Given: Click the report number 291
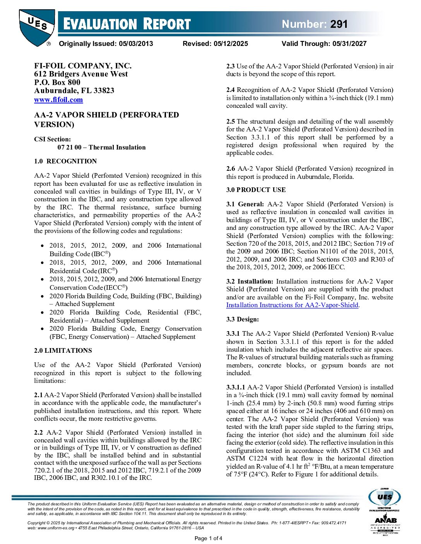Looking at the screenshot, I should (x=339, y=24).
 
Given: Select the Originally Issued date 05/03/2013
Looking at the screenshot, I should (x=136, y=44).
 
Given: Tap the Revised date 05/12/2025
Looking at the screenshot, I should (x=231, y=44).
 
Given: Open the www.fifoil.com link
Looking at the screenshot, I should (x=58, y=100).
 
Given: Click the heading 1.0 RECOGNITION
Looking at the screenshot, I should (x=65, y=161).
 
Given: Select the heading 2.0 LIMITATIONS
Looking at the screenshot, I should (x=63, y=350).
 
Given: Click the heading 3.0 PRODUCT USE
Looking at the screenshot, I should (x=256, y=190).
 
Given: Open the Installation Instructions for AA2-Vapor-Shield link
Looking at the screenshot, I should (x=292, y=305).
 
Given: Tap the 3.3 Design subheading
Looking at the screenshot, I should (x=243, y=319).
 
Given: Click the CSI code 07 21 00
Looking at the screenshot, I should (x=69, y=147).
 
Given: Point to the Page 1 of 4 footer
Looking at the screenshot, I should (x=208, y=538).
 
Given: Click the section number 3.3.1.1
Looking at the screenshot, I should (x=236, y=387).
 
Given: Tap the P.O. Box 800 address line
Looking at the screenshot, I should (x=57, y=82).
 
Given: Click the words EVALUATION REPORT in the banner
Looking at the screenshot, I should (x=127, y=24).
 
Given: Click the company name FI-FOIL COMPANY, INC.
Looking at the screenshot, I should (x=83, y=66).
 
